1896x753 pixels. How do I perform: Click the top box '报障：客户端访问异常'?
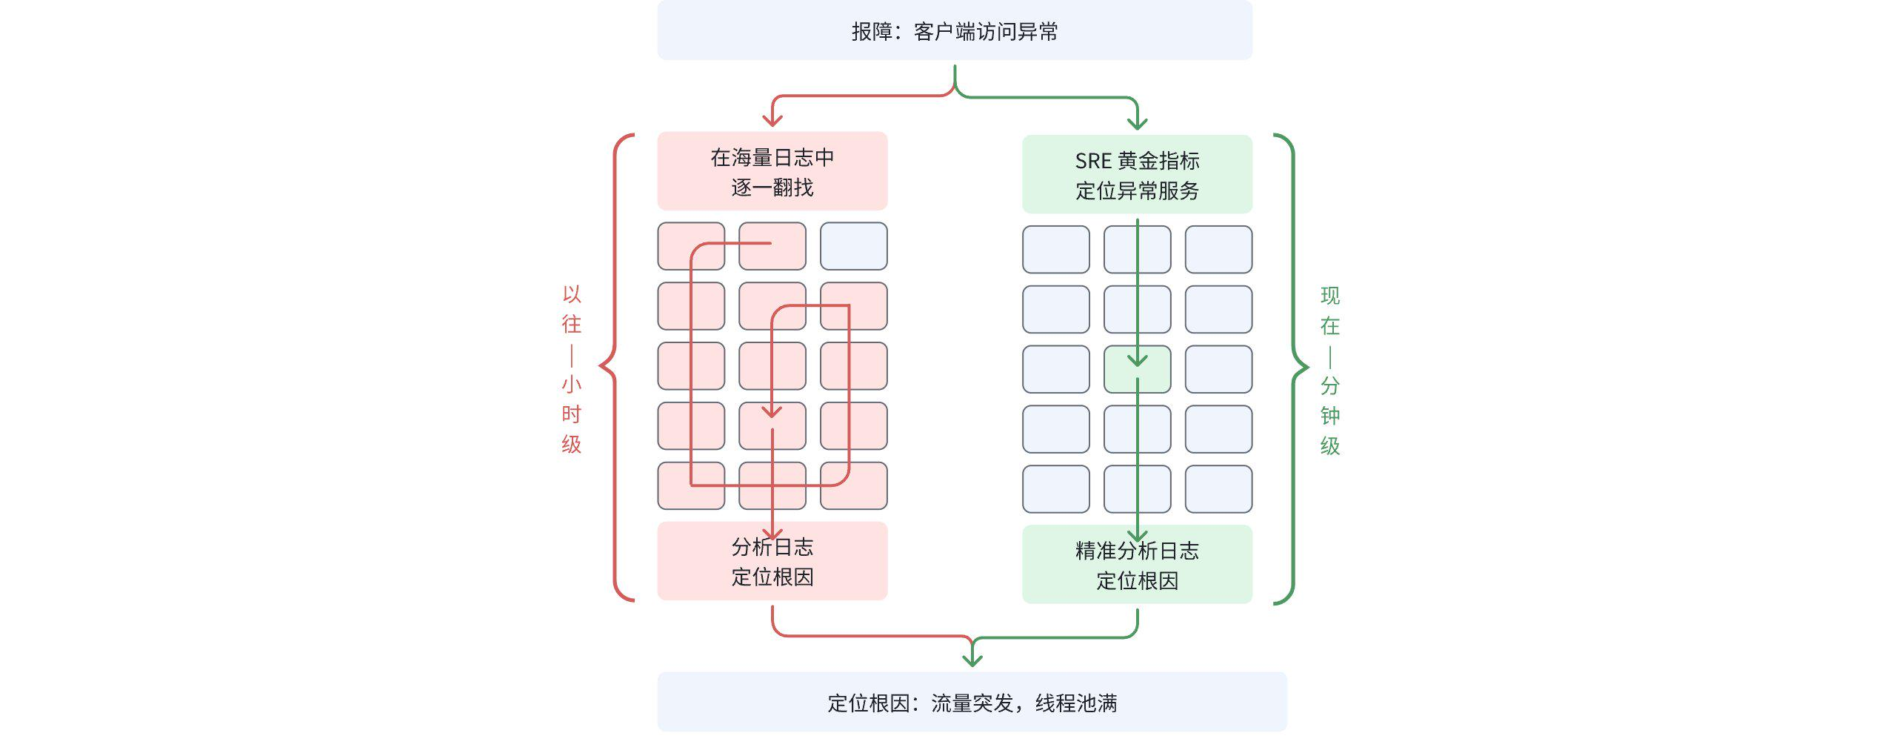click(x=954, y=31)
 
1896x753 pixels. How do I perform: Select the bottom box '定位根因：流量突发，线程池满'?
click(x=972, y=702)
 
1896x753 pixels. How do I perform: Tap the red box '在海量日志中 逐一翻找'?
click(x=772, y=171)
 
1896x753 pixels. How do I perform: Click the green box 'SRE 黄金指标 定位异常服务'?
click(x=1137, y=175)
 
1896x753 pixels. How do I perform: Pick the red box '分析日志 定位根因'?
click(x=772, y=561)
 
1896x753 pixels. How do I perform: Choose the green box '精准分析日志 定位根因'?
click(x=1137, y=565)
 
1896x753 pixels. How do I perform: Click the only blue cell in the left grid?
click(x=853, y=246)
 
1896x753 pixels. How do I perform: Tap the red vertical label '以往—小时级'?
click(x=571, y=368)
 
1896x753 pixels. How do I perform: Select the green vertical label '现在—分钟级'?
click(x=1329, y=371)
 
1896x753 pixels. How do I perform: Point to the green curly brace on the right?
click(x=1295, y=368)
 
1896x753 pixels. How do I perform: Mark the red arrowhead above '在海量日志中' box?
click(x=772, y=121)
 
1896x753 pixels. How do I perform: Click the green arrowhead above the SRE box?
click(x=1137, y=124)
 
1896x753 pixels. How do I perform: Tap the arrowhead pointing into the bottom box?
click(x=972, y=660)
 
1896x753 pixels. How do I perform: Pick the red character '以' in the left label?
click(x=571, y=294)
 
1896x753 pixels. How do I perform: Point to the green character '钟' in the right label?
click(x=1329, y=416)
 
